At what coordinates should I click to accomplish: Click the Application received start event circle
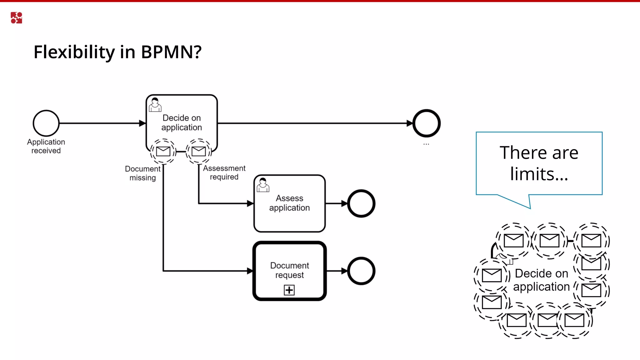click(46, 123)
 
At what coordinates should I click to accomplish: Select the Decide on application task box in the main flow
click(182, 122)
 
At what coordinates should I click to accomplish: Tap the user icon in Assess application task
click(263, 185)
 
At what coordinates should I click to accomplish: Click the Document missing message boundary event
click(163, 151)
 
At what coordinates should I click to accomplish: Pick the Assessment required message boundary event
click(199, 151)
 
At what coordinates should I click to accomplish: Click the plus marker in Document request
click(289, 290)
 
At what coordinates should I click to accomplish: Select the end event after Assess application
click(361, 203)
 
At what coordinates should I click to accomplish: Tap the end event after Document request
click(361, 271)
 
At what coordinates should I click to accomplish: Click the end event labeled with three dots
click(426, 123)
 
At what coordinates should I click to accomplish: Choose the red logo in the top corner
click(16, 18)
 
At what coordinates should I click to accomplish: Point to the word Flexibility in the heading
click(74, 52)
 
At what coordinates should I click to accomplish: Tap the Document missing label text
click(142, 173)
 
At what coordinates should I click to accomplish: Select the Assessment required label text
click(224, 172)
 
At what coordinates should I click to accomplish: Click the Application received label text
click(46, 146)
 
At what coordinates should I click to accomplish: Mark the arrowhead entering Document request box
click(250, 271)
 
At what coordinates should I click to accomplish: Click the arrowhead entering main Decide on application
click(142, 123)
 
